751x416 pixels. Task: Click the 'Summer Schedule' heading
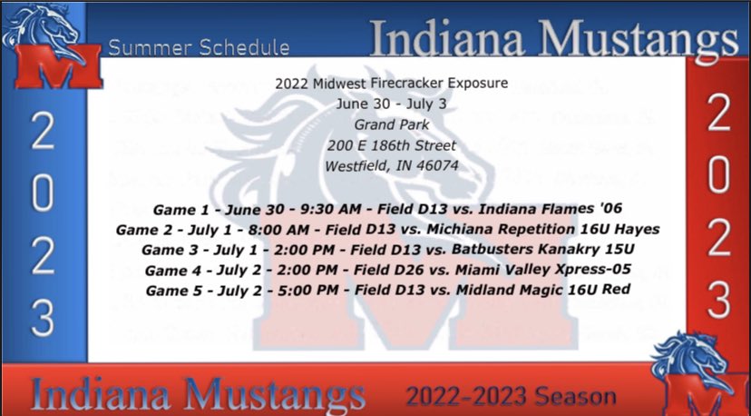[x=197, y=47]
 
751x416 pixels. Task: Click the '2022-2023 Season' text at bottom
[x=511, y=396]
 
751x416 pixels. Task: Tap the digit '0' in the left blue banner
[x=43, y=193]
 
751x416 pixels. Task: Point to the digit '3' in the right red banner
[x=718, y=301]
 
